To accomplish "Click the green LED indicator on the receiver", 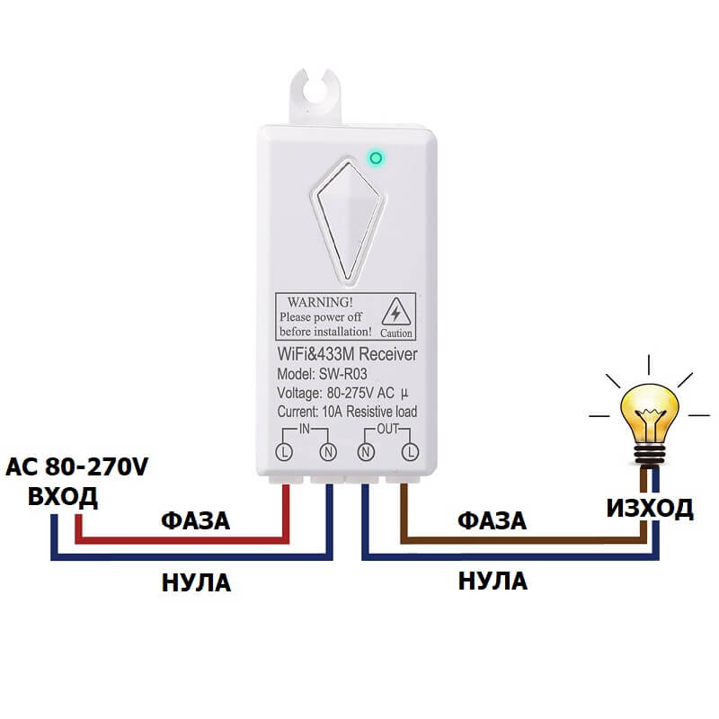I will pyautogui.click(x=376, y=158).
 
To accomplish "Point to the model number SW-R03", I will pyautogui.click(x=344, y=374).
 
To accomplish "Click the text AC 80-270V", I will pyautogui.click(x=75, y=468).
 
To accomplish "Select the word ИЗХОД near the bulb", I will pyautogui.click(x=649, y=509).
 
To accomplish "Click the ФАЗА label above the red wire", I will pyautogui.click(x=195, y=521).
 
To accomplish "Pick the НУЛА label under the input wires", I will pyautogui.click(x=196, y=582).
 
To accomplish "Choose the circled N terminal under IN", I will pyautogui.click(x=330, y=449).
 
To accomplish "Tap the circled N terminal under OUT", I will pyautogui.click(x=367, y=449).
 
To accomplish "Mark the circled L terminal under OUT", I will pyautogui.click(x=410, y=449).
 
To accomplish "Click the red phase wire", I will pyautogui.click(x=180, y=540).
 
